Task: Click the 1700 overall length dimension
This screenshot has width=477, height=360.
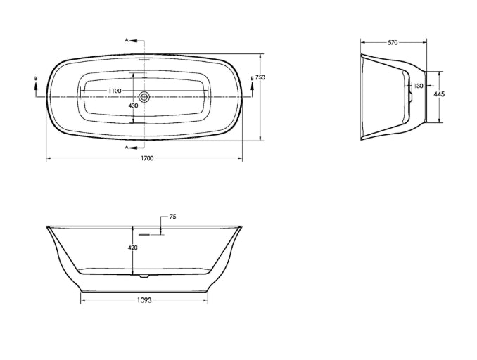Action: [147, 158]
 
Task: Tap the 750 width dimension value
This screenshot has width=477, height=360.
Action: [260, 77]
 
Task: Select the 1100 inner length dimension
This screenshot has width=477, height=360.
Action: [115, 91]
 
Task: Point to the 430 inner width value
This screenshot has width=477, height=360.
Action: [133, 105]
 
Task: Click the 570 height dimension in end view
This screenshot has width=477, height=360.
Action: [393, 43]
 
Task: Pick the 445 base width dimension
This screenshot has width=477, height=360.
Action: [439, 94]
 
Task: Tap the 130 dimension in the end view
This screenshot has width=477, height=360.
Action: [419, 86]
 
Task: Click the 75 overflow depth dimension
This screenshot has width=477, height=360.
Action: [172, 217]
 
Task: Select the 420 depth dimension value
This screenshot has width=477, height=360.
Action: [133, 247]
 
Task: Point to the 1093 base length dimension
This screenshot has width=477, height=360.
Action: [144, 300]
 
